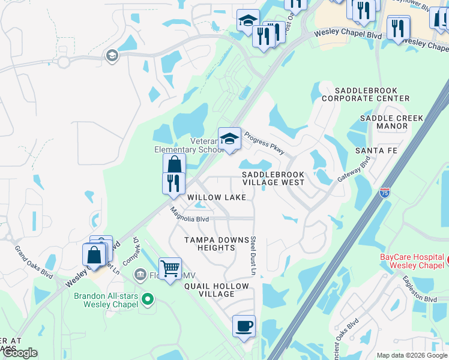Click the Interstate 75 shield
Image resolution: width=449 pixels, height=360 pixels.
(x=385, y=193)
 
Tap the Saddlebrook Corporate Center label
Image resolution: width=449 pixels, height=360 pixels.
(x=366, y=94)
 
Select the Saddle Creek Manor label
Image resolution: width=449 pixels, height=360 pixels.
(x=392, y=122)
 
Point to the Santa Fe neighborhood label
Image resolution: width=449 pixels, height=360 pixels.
(x=376, y=150)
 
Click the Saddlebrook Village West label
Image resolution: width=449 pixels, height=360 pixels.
(x=273, y=178)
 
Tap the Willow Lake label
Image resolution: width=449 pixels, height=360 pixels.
(x=217, y=197)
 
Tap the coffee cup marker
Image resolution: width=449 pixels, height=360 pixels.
(x=244, y=326)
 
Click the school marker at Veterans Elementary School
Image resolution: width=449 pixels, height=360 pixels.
(x=229, y=139)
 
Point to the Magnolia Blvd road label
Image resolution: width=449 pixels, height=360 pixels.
(x=188, y=216)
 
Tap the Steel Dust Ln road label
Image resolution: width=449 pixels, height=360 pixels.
(x=254, y=256)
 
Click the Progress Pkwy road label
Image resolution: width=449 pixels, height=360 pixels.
(x=264, y=144)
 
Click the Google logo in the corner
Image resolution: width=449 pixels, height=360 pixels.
(x=20, y=353)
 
